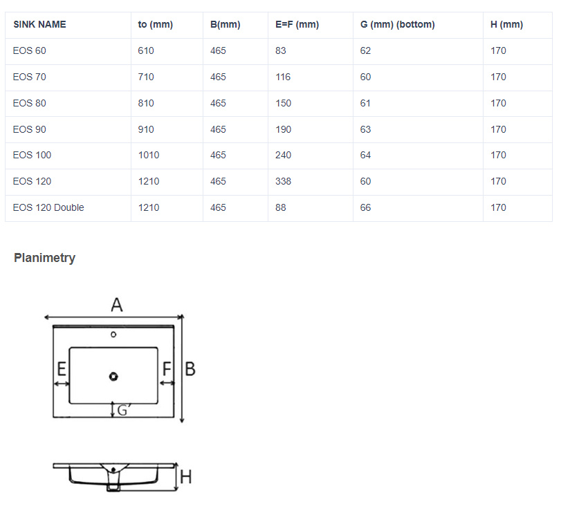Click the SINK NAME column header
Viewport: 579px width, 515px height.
click(39, 24)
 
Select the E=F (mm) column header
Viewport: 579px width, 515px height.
click(297, 24)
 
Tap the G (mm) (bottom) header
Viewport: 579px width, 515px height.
click(397, 24)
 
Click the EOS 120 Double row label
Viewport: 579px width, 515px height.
click(48, 207)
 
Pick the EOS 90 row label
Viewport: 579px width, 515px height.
click(30, 129)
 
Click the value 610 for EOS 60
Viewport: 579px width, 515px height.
click(146, 50)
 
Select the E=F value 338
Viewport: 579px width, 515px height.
click(283, 181)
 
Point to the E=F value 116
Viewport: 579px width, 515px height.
click(283, 77)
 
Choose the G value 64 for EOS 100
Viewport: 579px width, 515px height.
click(365, 155)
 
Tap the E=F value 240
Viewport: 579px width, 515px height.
click(283, 155)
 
